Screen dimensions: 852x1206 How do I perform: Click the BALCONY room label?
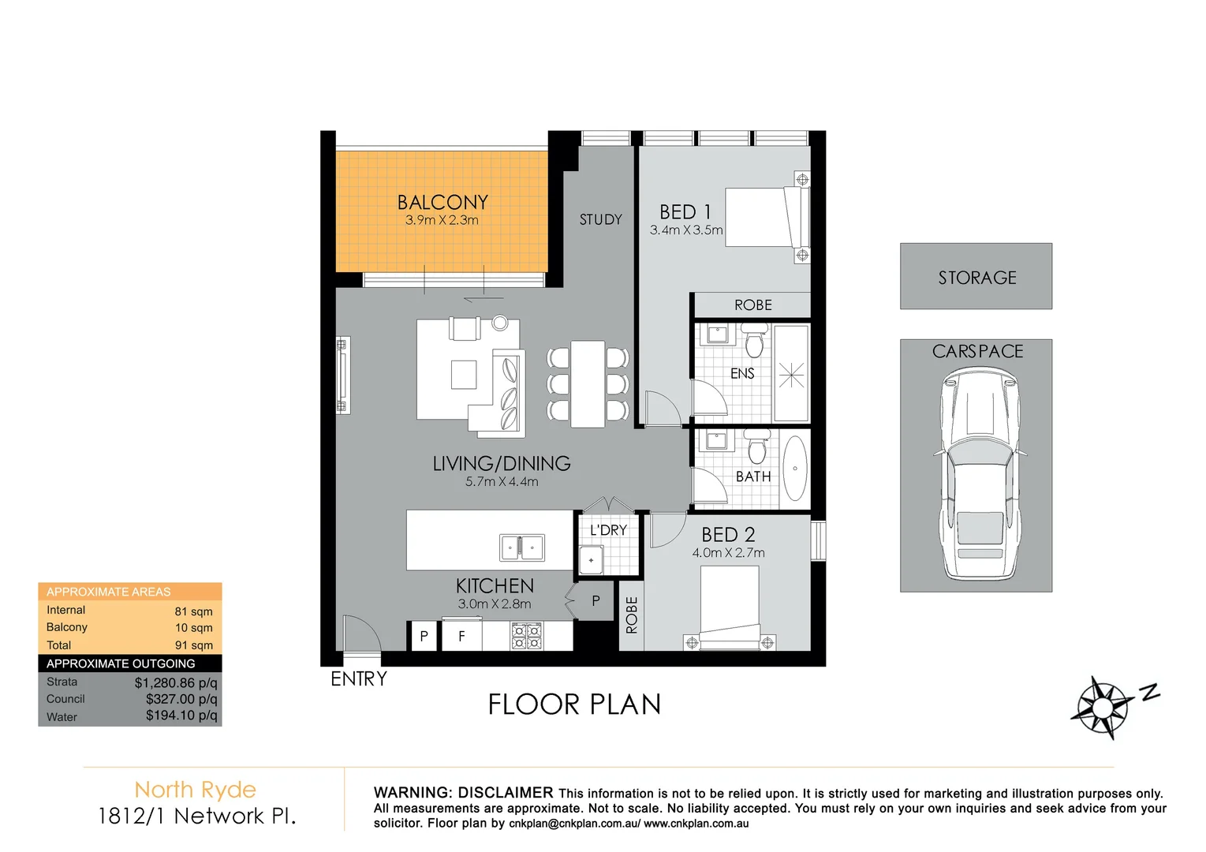442,203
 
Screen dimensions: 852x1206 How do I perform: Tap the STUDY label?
600,220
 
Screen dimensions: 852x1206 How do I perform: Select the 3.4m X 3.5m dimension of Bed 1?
685,230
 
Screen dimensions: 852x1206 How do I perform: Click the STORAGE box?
976,277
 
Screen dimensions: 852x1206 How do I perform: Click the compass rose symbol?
1102,706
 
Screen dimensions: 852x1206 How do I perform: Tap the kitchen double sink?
522,547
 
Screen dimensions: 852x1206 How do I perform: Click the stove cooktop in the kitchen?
527,636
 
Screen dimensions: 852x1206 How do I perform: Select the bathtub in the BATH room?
794,469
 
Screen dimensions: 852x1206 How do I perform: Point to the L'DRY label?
608,530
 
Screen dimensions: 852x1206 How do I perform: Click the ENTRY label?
359,679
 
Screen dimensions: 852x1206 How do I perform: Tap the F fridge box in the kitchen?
461,636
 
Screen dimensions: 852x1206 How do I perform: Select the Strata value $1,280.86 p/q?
176,682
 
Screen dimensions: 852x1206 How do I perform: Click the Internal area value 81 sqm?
193,611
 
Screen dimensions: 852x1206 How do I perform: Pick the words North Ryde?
196,790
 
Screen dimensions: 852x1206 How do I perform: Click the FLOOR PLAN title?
574,704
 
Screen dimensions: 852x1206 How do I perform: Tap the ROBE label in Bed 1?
752,305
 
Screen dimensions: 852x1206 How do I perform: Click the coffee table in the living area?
464,375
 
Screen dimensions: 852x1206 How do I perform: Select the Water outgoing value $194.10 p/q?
181,716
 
